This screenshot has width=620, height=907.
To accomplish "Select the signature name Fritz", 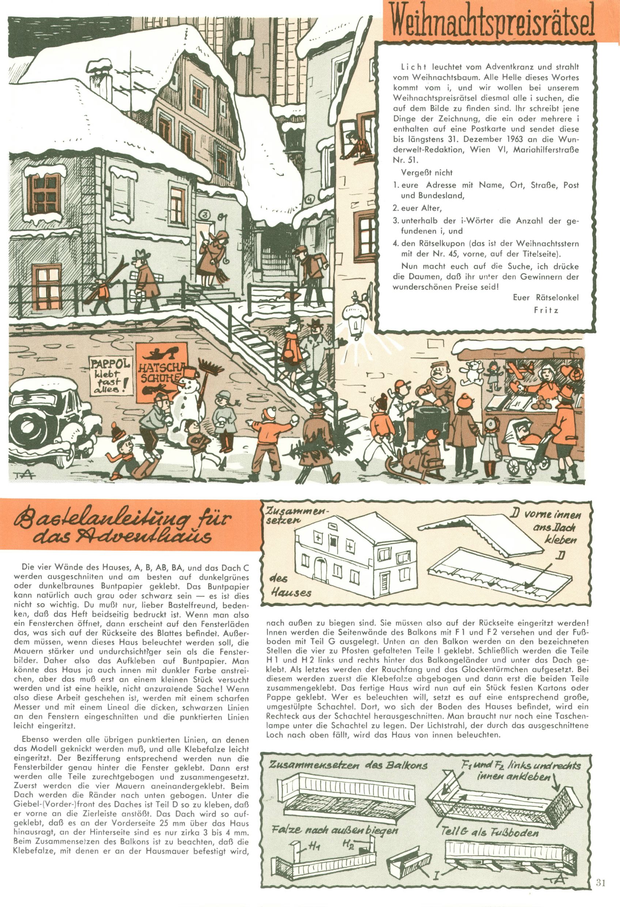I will (546, 310).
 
